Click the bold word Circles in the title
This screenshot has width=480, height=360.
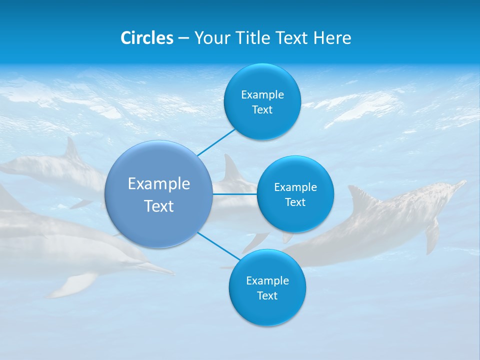pyautogui.click(x=146, y=38)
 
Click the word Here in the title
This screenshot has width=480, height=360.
pyautogui.click(x=332, y=38)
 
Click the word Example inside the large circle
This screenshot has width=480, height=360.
pyautogui.click(x=159, y=183)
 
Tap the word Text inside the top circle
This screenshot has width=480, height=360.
pyautogui.click(x=262, y=110)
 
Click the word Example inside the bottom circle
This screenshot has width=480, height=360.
pyautogui.click(x=267, y=280)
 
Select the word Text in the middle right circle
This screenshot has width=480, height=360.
pyautogui.click(x=295, y=202)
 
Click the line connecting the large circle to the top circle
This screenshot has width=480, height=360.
pyautogui.click(x=216, y=142)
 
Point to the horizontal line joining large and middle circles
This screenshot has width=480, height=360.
pyautogui.click(x=234, y=194)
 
